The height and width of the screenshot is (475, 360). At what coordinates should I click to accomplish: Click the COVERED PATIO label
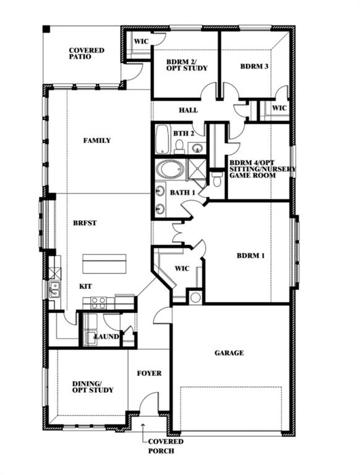[87, 54]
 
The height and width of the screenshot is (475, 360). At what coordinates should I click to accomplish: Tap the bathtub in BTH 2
[162, 139]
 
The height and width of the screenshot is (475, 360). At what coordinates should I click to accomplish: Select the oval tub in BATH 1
[170, 170]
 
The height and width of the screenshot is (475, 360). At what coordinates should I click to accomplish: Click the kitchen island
[105, 263]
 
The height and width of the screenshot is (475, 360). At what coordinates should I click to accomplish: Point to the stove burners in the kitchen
[99, 303]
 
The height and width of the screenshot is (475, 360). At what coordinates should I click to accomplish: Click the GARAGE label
[229, 353]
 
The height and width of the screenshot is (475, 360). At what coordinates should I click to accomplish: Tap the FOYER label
[149, 373]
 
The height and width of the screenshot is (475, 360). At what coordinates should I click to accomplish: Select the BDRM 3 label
[254, 66]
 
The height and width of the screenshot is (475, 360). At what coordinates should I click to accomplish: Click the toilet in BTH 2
[180, 147]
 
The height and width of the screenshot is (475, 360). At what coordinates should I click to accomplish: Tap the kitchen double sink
[54, 289]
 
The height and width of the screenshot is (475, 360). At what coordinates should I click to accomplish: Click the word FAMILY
[97, 140]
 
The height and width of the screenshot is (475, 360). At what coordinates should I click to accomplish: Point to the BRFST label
[85, 223]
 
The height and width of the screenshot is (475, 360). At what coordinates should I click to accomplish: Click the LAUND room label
[106, 336]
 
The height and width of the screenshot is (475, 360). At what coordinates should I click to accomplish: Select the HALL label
[188, 110]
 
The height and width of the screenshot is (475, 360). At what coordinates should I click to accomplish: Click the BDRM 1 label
[251, 255]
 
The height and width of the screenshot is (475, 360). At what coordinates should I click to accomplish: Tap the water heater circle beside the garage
[195, 297]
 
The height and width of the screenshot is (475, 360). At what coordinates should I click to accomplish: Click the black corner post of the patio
[46, 29]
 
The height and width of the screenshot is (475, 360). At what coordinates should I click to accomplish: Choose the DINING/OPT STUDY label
[93, 387]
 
